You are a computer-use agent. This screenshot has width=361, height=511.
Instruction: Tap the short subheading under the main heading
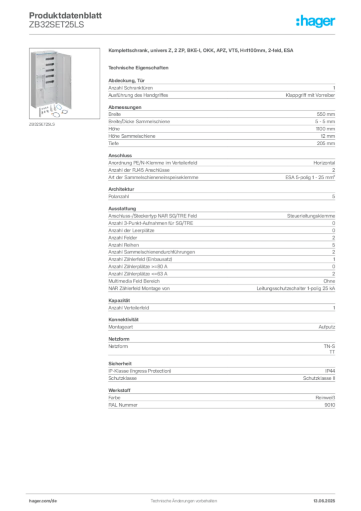[x=140, y=67]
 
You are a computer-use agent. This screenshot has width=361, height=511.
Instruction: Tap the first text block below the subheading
[x=221, y=88]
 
